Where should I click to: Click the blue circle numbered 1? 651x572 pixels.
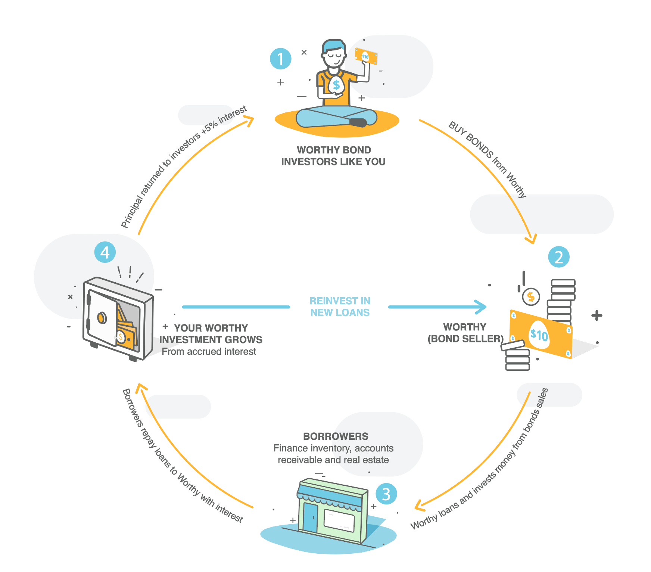tap(280, 59)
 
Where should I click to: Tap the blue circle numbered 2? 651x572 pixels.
tap(558, 257)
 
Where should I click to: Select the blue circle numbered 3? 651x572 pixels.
tap(386, 494)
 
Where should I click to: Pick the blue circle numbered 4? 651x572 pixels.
tap(105, 252)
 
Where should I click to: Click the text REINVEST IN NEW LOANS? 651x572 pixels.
tap(340, 307)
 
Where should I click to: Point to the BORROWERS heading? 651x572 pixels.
tap(336, 436)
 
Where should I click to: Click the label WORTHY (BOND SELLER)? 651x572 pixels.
tap(465, 333)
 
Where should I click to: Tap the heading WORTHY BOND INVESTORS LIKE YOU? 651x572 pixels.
tap(333, 156)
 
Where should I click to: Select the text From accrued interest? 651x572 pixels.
tap(209, 352)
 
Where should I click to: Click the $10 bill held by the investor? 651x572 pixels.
tap(365, 56)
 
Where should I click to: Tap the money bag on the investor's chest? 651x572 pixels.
tap(336, 85)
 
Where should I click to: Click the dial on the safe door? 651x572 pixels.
tap(102, 318)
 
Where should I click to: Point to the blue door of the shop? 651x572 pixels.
tap(310, 517)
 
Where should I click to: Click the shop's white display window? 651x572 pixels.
tap(339, 520)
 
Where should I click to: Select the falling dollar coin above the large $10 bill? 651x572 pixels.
tap(530, 297)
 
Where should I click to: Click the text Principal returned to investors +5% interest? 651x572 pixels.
tap(183, 167)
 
